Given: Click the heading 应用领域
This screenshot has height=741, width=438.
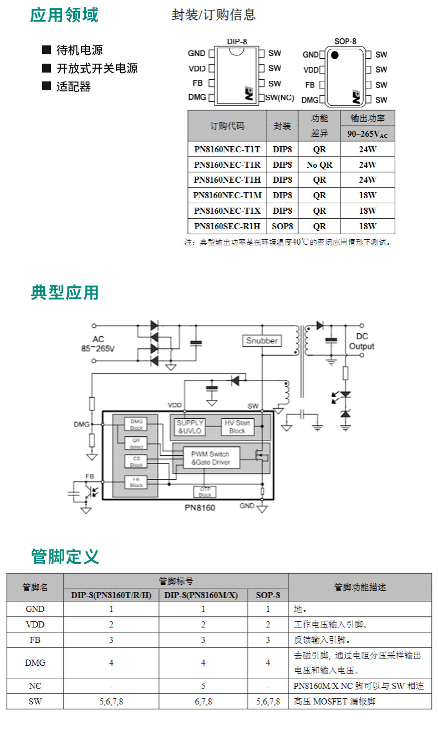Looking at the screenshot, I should [x=64, y=15].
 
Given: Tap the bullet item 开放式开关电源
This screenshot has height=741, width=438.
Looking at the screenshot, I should [x=97, y=68].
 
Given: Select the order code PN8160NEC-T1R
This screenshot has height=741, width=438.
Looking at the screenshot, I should [x=227, y=164].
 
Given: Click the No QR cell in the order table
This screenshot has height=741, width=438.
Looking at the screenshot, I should [x=319, y=164].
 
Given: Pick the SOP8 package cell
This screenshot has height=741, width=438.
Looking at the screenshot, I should [x=282, y=226].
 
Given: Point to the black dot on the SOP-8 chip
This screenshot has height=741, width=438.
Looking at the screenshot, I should [x=334, y=55].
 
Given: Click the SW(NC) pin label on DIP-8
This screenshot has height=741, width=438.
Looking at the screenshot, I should [x=279, y=97].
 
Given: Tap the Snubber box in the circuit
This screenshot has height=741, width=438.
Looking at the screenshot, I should [x=262, y=341].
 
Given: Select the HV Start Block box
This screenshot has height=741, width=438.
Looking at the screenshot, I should [x=237, y=426].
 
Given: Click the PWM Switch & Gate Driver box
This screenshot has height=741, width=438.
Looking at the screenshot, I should [x=210, y=457].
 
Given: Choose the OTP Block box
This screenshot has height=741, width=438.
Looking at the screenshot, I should [x=205, y=492].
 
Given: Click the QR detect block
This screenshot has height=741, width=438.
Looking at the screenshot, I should [x=136, y=444].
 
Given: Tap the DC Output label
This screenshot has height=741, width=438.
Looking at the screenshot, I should [x=361, y=341].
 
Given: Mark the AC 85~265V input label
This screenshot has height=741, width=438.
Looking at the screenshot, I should [x=98, y=344].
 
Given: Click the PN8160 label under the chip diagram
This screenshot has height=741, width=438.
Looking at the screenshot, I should [x=200, y=507].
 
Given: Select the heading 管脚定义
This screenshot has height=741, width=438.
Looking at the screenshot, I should [x=65, y=555].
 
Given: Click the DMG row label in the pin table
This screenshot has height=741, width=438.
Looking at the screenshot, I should [x=35, y=662].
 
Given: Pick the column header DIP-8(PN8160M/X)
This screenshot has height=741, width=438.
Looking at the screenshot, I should [x=203, y=595].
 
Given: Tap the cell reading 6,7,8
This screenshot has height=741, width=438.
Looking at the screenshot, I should [x=203, y=701].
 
